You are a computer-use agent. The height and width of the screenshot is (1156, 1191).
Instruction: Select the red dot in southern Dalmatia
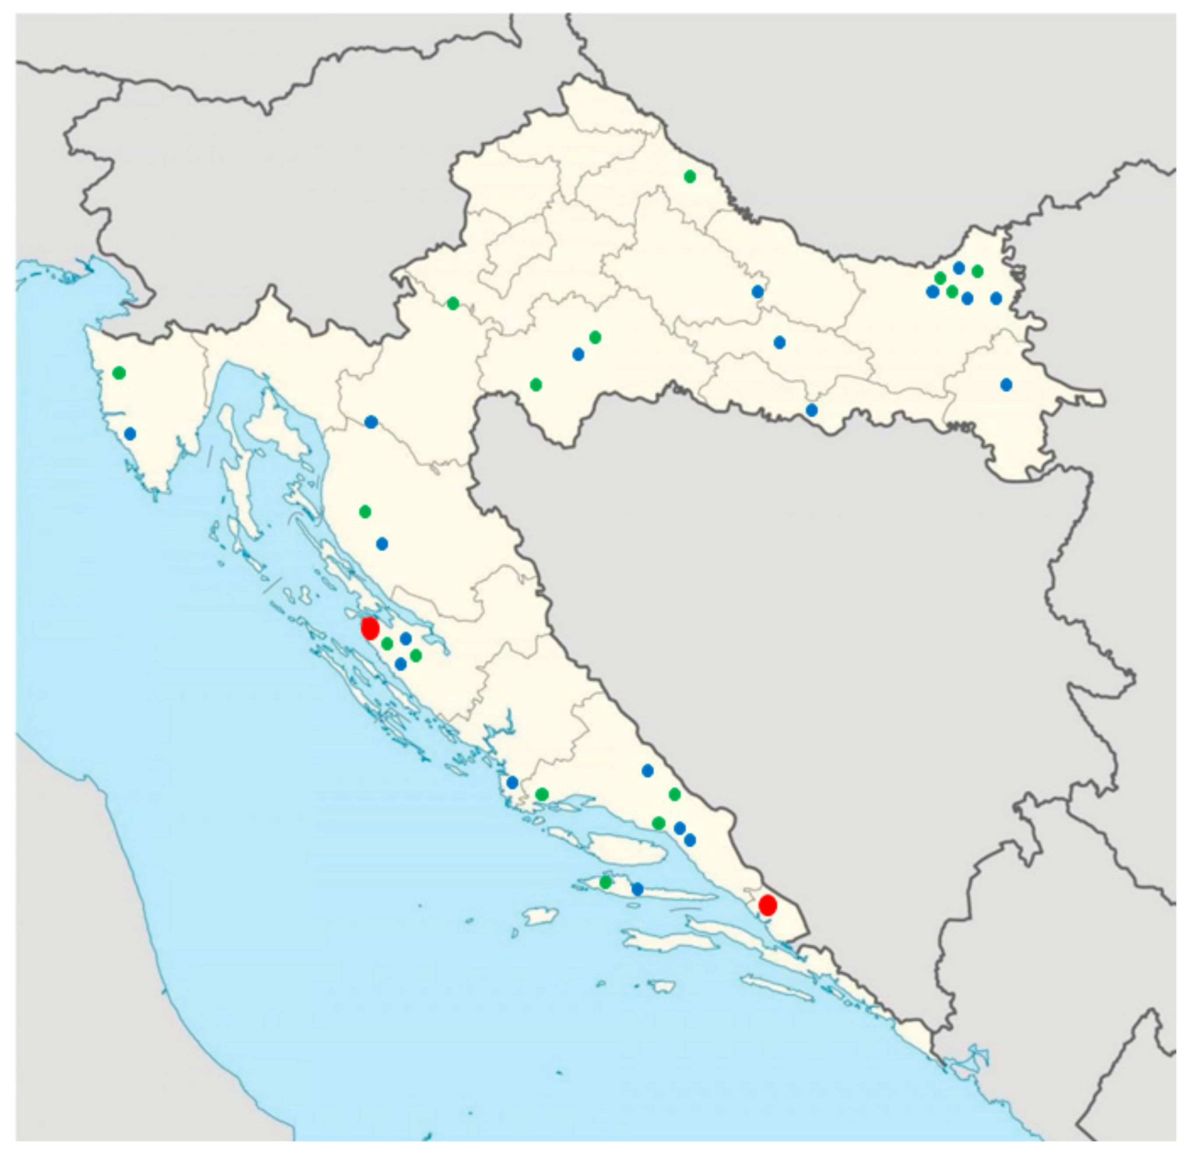pos(767,905)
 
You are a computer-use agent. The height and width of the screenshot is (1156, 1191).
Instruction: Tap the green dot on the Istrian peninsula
pos(119,373)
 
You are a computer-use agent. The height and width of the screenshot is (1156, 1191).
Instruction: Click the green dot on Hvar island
pos(605,882)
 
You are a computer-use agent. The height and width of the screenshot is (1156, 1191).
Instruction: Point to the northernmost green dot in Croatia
pos(690,177)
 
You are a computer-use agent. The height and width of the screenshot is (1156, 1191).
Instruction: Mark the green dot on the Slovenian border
pos(453,303)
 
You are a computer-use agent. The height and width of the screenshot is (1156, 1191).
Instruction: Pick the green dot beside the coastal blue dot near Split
pos(542,794)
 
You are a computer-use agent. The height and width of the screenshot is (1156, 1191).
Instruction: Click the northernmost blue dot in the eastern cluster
pos(959,268)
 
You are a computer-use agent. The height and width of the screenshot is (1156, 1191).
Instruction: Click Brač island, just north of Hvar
pos(626,847)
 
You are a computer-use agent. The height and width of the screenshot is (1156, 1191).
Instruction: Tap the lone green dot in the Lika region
pos(365,512)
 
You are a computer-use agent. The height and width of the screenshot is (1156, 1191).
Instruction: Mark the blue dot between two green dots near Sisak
pos(578,354)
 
